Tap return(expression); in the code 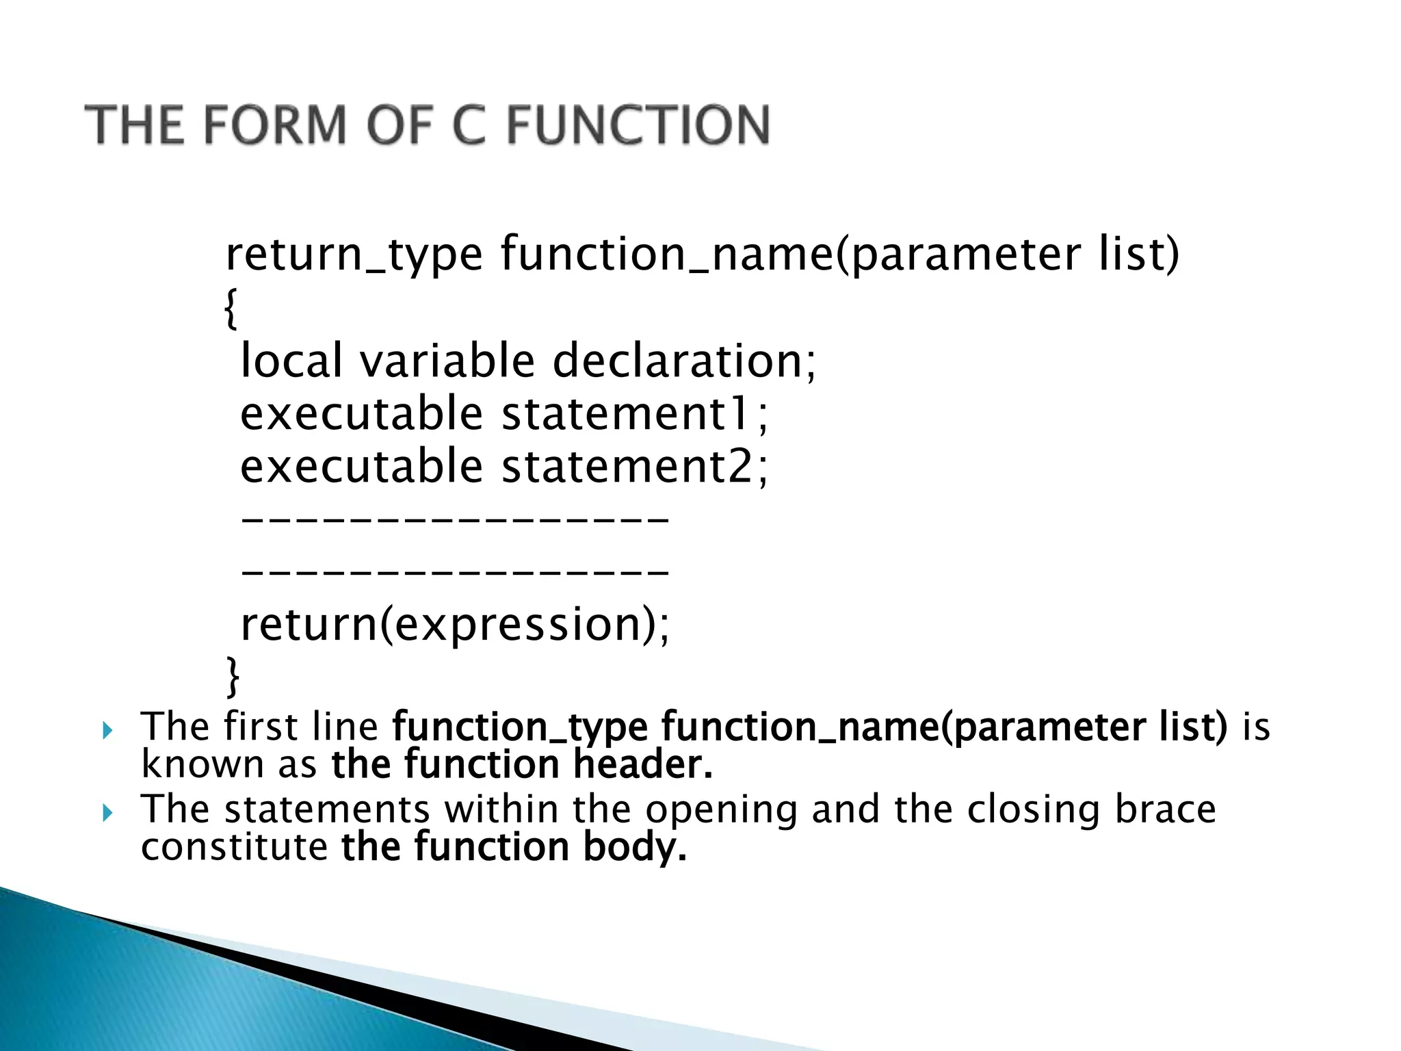coord(455,625)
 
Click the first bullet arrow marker coord(106,732)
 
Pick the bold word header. coord(643,765)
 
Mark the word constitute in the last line coord(234,847)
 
